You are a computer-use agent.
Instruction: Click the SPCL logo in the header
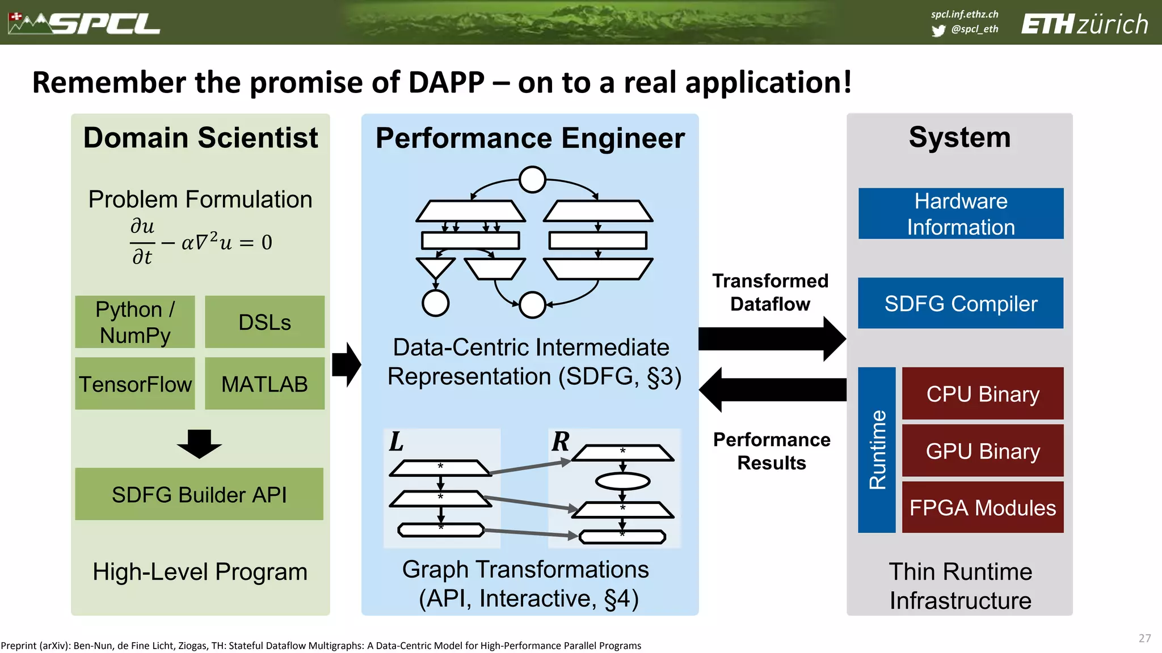[85, 23]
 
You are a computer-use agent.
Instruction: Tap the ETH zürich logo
[1084, 24]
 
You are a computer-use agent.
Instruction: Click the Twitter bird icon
[938, 31]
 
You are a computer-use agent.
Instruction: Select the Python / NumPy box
[135, 322]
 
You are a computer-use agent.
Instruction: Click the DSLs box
[264, 322]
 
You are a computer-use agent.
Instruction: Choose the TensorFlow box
[135, 384]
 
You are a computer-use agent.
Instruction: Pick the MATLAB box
[264, 384]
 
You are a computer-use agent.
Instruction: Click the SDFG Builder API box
[199, 494]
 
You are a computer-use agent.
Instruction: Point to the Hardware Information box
[961, 214]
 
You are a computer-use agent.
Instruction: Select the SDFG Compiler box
[961, 303]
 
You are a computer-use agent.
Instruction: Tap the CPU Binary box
[983, 393]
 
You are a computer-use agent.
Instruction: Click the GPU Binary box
[983, 451]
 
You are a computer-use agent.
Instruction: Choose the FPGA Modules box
[983, 507]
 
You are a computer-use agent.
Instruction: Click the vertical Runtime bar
[877, 450]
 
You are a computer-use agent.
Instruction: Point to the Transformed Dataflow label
[770, 292]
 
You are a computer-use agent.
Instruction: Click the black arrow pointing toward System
[772, 339]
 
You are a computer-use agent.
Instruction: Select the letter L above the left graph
[396, 442]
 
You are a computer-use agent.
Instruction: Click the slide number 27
[1144, 638]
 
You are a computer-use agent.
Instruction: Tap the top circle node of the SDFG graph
[532, 180]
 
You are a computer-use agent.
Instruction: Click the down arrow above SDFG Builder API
[199, 444]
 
